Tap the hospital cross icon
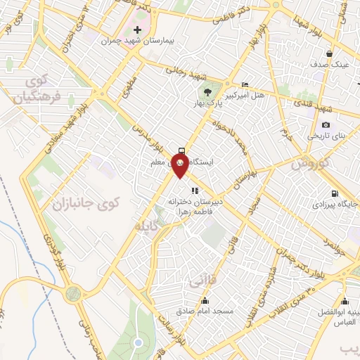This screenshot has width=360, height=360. [138, 30]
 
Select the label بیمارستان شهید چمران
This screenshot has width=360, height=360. [139, 42]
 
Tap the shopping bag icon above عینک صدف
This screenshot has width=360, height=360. [330, 53]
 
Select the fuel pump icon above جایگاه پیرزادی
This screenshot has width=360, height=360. [333, 195]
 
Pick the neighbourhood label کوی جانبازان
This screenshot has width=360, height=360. [86, 204]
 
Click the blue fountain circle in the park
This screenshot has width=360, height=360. [138, 343]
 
